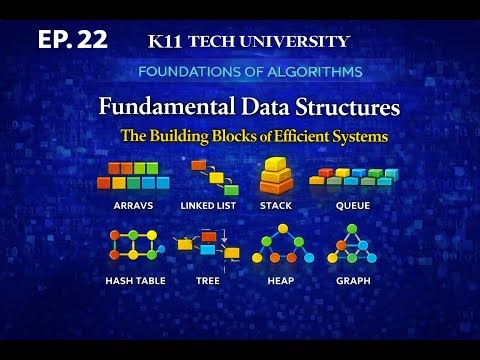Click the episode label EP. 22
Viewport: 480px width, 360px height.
click(71, 40)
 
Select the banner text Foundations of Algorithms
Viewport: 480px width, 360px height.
click(249, 72)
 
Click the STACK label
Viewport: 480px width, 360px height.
click(275, 205)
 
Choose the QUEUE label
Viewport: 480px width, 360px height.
click(353, 205)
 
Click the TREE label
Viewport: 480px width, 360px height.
click(208, 281)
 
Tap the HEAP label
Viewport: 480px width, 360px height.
click(280, 281)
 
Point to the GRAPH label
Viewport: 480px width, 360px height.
click(352, 281)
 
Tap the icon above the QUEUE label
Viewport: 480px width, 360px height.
click(353, 176)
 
